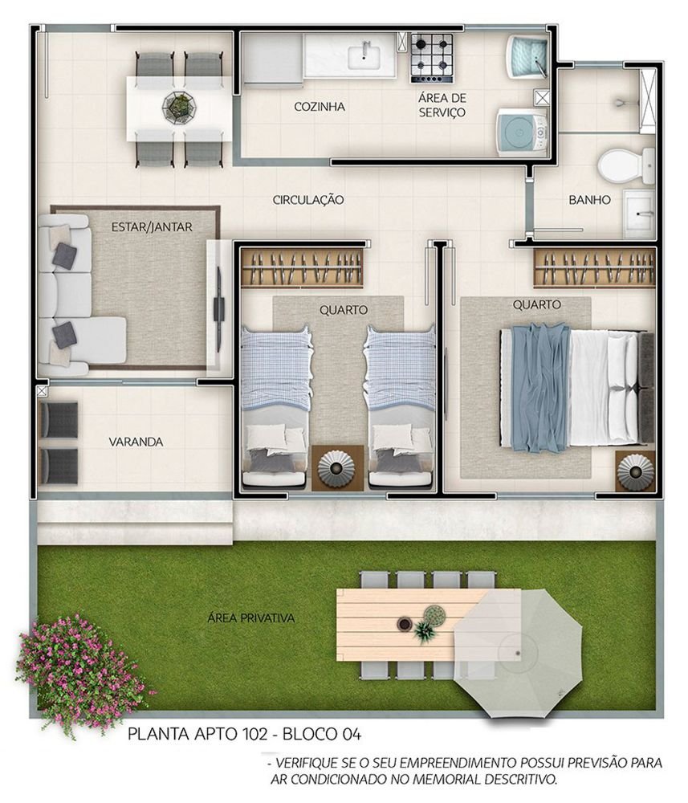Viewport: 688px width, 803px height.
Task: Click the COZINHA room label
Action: [320, 107]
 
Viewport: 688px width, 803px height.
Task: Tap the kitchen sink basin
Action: [365, 56]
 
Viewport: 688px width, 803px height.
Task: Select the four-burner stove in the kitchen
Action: [432, 58]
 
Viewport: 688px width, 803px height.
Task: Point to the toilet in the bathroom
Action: [626, 165]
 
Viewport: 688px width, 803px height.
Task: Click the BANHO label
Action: [590, 200]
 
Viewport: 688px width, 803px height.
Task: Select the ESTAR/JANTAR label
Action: [152, 227]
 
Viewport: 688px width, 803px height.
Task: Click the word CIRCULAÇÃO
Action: [308, 200]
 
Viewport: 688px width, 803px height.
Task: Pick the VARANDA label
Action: [136, 442]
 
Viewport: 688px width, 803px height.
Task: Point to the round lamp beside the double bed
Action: [635, 470]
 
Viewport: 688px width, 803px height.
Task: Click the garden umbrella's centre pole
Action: [518, 654]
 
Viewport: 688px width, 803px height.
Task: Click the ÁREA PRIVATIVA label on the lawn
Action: [250, 618]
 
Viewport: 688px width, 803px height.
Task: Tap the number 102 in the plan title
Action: [254, 735]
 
